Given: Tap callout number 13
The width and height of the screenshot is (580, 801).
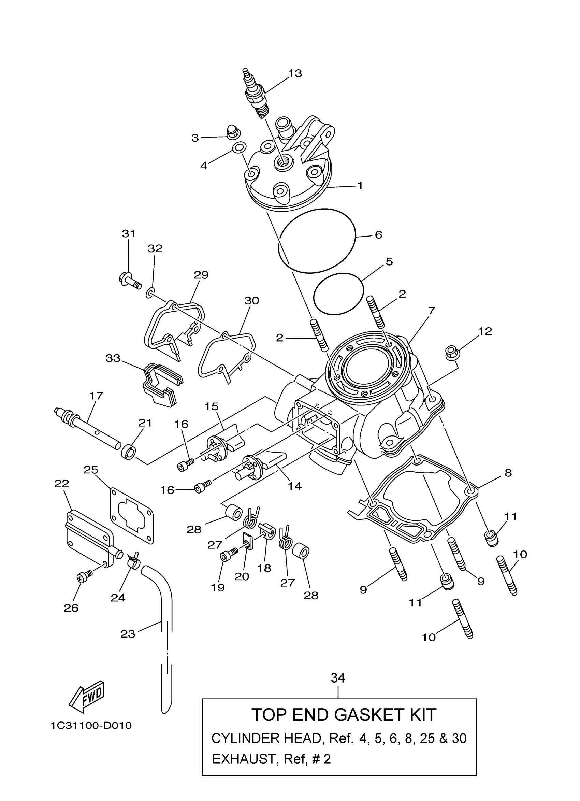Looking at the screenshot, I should click(x=295, y=73).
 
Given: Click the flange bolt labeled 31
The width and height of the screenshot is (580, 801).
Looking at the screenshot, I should click(x=129, y=282).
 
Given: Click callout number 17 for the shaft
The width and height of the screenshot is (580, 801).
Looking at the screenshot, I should click(x=96, y=396).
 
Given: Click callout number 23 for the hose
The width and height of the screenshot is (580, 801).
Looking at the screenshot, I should click(x=128, y=634).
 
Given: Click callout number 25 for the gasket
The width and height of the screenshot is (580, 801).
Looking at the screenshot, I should click(x=91, y=470).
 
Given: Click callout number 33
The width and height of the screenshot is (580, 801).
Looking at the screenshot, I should click(x=113, y=358).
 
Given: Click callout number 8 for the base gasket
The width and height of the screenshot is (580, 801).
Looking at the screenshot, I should click(x=508, y=473).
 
